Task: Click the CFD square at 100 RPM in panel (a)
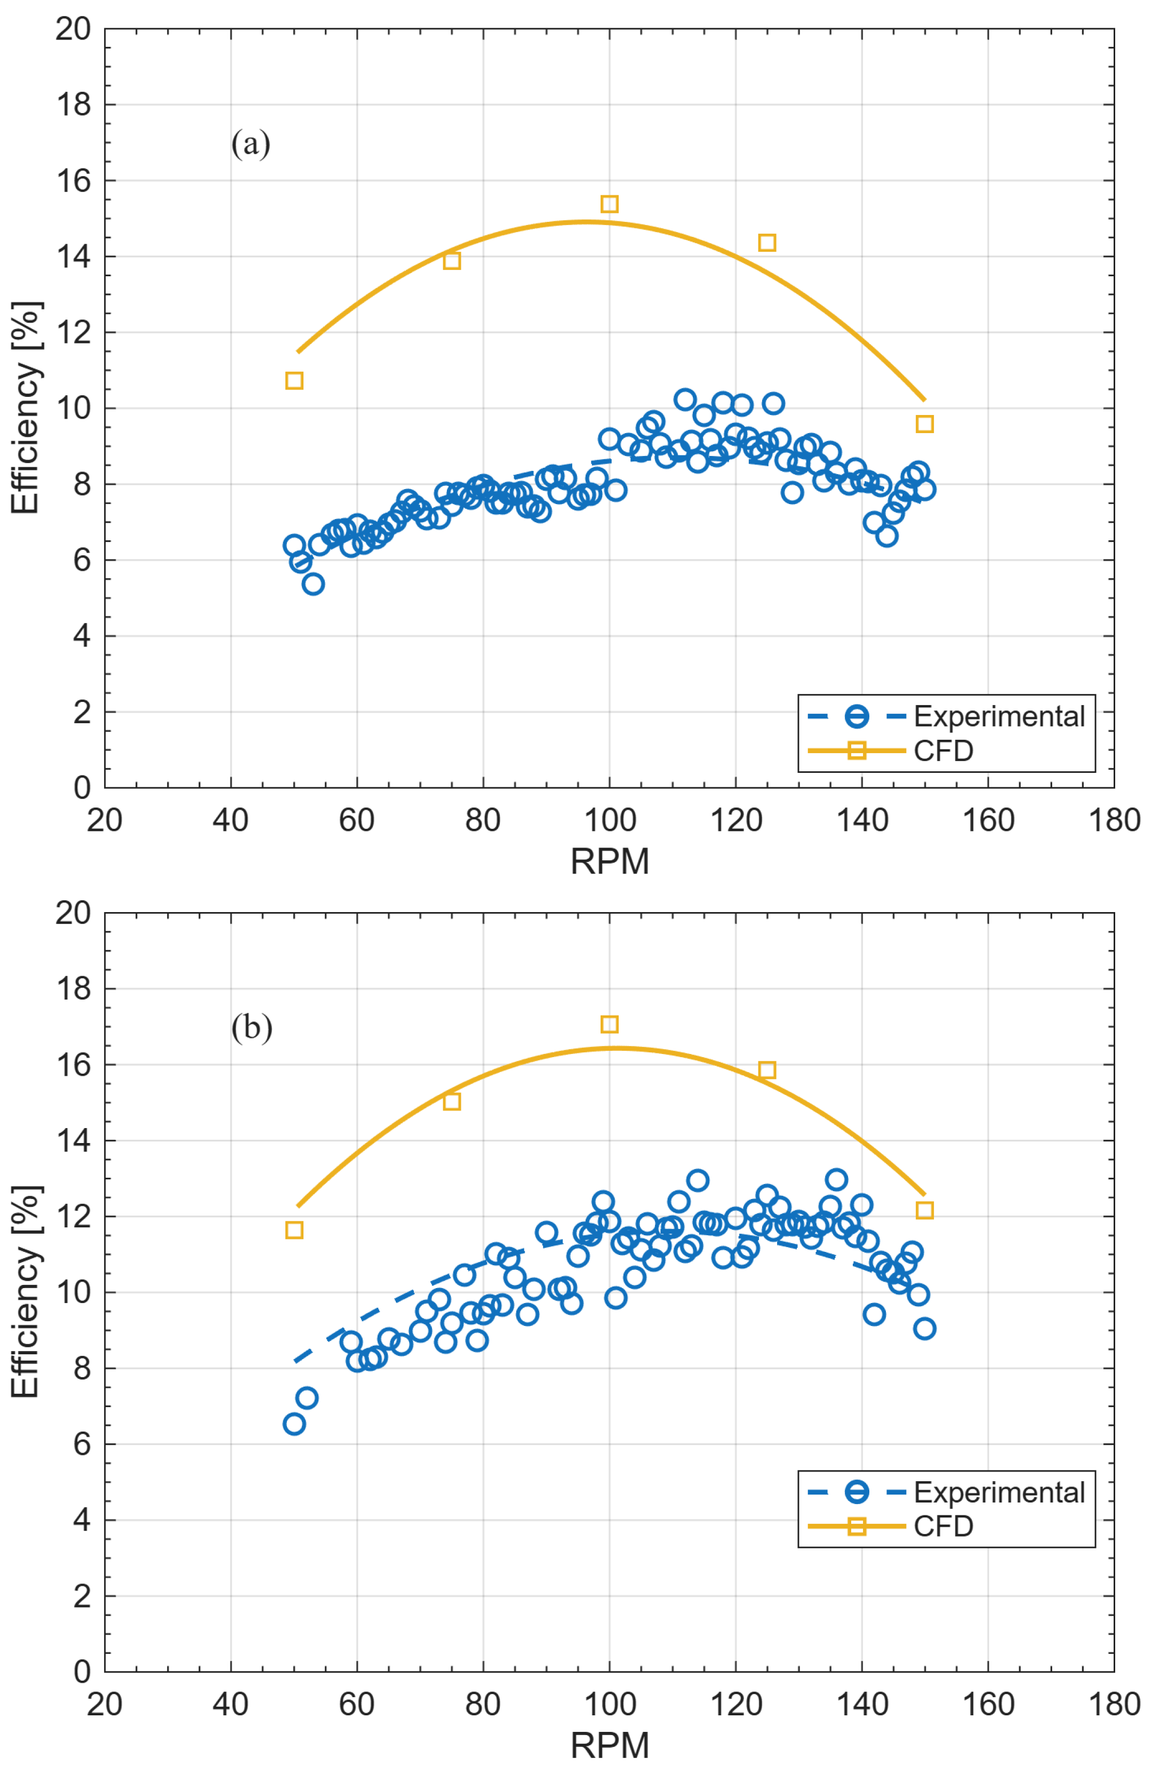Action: click(x=609, y=204)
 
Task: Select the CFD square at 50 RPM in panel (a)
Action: click(x=294, y=381)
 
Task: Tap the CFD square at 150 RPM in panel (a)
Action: click(x=924, y=423)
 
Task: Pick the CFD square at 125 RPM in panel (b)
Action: click(x=767, y=1069)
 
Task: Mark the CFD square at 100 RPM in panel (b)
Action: click(x=609, y=1024)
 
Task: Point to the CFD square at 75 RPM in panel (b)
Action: click(x=452, y=1101)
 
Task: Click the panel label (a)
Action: click(x=251, y=143)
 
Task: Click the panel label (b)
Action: click(x=252, y=1028)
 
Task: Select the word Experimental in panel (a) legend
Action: click(x=998, y=716)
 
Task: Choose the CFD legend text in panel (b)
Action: click(x=943, y=1526)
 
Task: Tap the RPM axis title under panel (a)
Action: click(x=610, y=861)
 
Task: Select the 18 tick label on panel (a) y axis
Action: click(x=73, y=105)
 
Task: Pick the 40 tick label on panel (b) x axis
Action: click(x=230, y=1704)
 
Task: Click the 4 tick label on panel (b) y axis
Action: click(x=82, y=1520)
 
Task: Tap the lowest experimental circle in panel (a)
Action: click(x=313, y=584)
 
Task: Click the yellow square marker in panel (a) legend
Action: click(x=857, y=750)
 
